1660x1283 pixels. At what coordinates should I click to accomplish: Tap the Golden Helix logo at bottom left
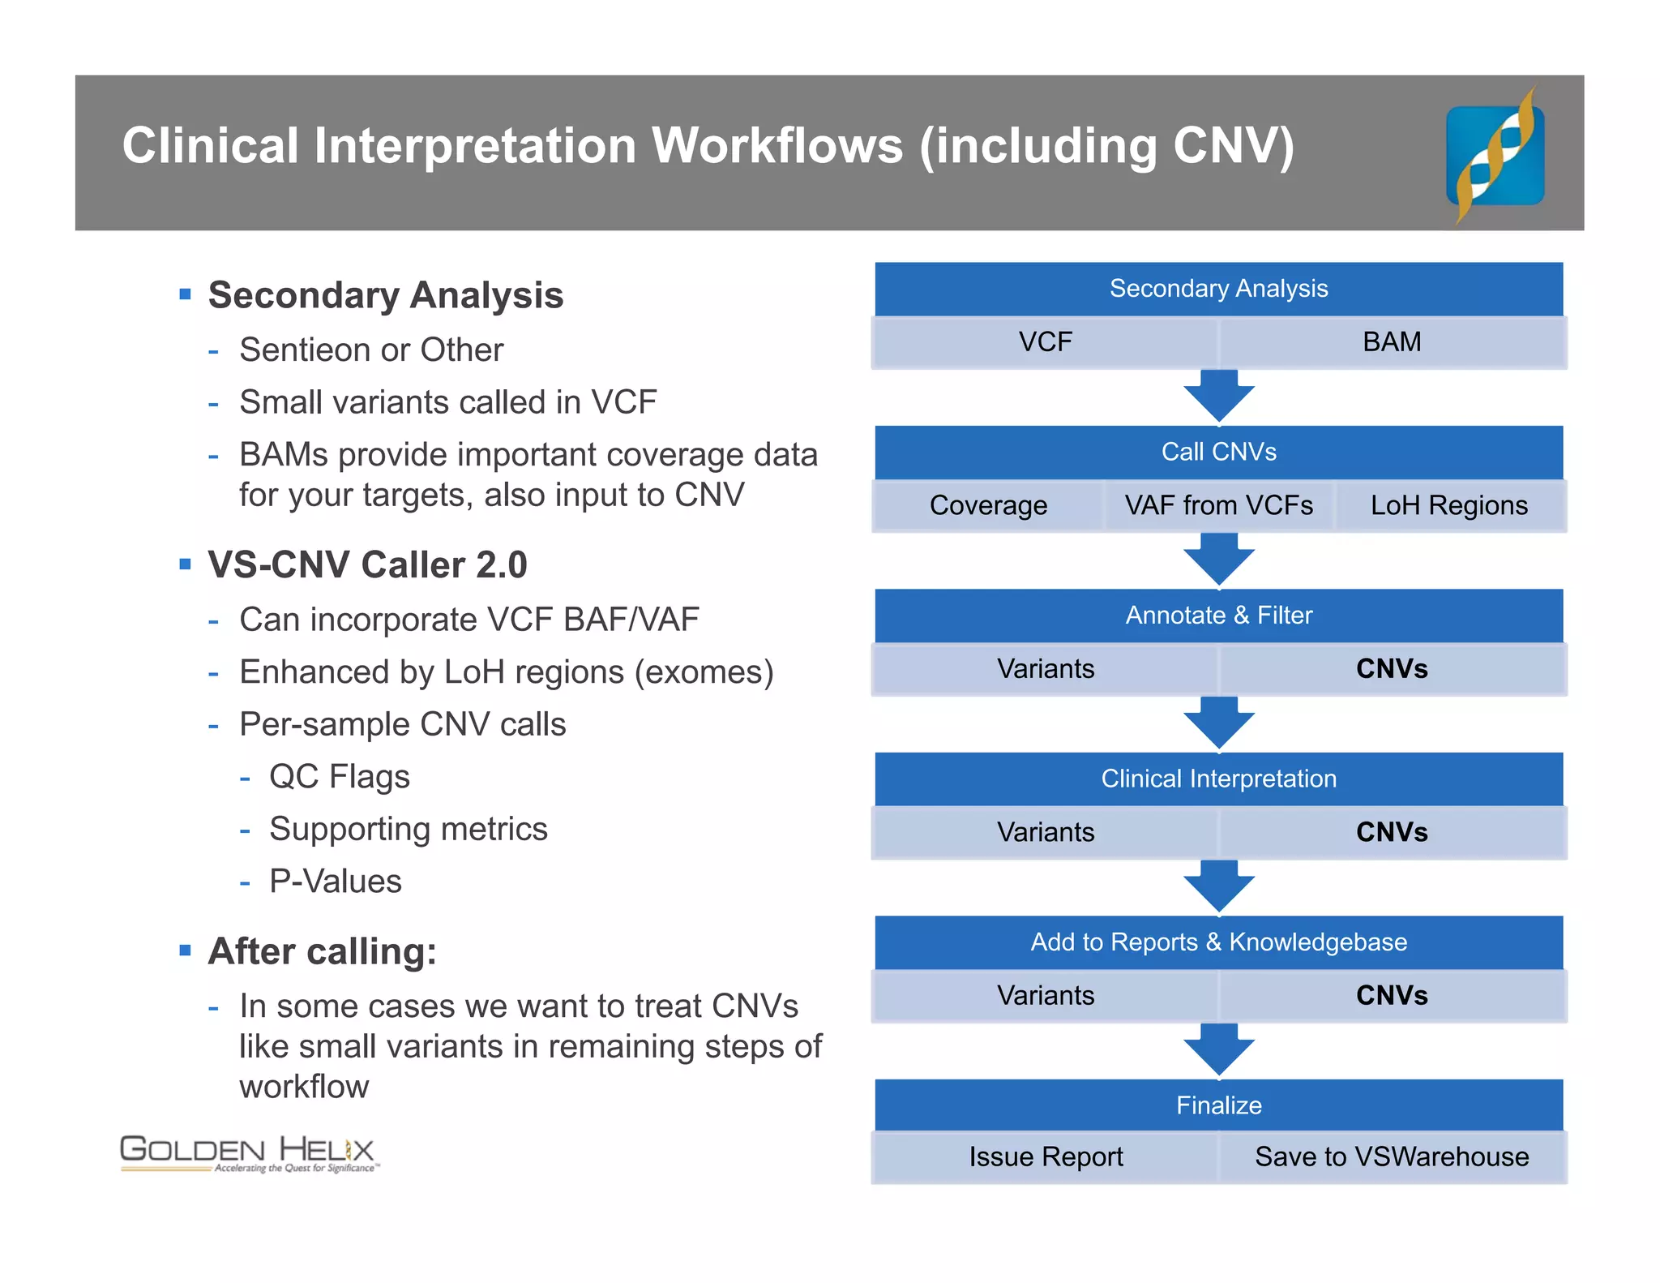[x=248, y=1153]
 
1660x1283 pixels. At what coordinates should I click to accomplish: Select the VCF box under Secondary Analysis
[x=1045, y=342]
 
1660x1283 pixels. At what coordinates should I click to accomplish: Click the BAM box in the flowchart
[x=1392, y=342]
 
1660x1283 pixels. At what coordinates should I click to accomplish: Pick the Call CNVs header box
[x=1218, y=452]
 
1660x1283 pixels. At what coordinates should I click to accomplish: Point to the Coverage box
[x=988, y=505]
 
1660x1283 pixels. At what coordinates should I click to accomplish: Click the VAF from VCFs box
[x=1218, y=505]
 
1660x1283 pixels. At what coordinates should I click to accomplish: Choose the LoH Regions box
[x=1449, y=505]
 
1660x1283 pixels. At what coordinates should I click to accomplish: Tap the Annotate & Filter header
[x=1218, y=616]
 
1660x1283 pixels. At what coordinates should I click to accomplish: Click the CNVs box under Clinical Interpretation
[x=1392, y=832]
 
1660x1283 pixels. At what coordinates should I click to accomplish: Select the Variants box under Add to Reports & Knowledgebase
[x=1045, y=995]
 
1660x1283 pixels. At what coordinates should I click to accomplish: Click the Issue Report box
[x=1045, y=1156]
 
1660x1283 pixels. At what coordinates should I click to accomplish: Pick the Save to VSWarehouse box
[x=1392, y=1156]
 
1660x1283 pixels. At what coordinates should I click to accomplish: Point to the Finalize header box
[x=1218, y=1105]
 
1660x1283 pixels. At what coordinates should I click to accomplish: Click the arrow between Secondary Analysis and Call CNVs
[x=1218, y=396]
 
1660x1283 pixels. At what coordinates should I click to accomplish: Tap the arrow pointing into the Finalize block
[x=1218, y=1049]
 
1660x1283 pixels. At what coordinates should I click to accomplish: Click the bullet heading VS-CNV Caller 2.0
[x=367, y=564]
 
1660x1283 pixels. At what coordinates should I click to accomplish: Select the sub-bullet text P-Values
[x=335, y=881]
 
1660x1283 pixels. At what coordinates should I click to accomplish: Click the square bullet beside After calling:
[x=186, y=950]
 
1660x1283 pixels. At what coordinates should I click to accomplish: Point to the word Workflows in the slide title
[x=777, y=146]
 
